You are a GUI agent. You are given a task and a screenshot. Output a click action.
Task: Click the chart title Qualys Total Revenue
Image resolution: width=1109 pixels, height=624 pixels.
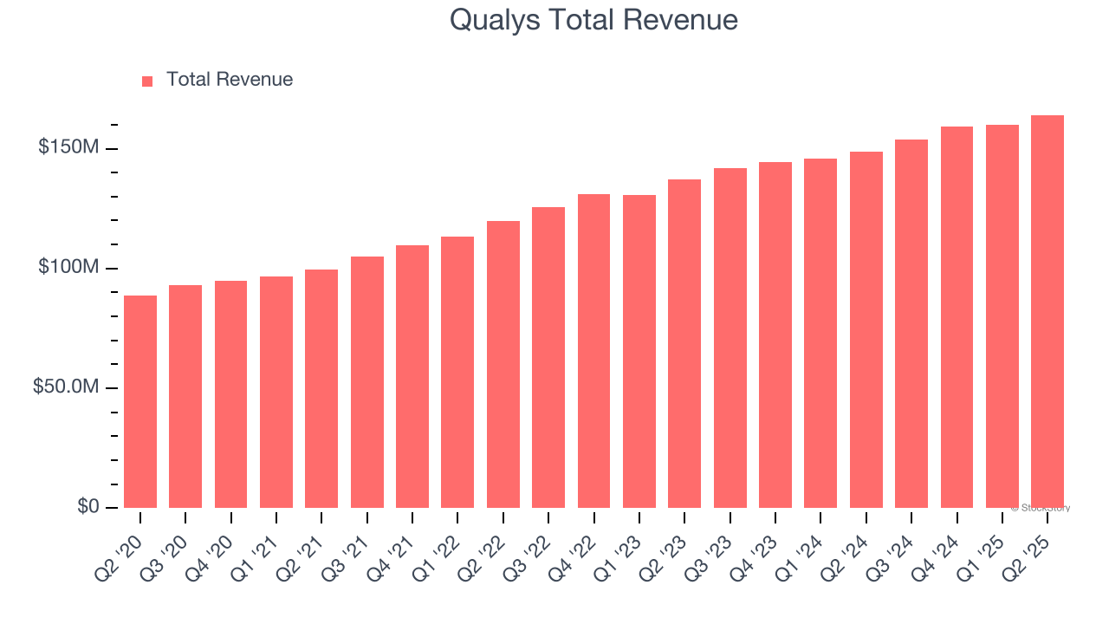593,20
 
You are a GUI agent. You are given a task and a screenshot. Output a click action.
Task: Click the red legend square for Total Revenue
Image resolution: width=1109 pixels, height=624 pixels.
147,81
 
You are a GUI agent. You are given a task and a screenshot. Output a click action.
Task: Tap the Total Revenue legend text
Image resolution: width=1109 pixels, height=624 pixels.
229,80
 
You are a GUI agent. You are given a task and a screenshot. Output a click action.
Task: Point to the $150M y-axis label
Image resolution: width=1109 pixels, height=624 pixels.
68,148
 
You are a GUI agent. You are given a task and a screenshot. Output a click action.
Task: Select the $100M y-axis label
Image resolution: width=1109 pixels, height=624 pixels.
68,268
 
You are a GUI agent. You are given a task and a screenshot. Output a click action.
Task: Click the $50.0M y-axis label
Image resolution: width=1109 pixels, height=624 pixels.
65,387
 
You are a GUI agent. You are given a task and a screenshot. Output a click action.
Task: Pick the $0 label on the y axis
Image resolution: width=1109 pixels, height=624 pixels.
87,506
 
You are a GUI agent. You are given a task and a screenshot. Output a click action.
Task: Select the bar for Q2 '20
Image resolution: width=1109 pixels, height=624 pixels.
140,401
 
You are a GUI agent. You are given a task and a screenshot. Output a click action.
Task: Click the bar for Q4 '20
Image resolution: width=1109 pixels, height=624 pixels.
230,394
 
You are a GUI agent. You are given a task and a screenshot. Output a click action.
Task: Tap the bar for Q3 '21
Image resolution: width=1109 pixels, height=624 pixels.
366,382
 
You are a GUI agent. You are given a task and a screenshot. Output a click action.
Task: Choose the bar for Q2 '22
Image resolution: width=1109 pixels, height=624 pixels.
503,364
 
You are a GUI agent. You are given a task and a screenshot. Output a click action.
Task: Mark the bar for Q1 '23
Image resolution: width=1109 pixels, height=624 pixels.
639,351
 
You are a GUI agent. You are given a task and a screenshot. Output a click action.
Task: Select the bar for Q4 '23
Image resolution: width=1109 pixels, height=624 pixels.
775,335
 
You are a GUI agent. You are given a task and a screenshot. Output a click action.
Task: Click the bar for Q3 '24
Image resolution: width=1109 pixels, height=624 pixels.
911,323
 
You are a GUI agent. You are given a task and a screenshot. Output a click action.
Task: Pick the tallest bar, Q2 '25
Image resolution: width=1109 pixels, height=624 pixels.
1047,311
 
